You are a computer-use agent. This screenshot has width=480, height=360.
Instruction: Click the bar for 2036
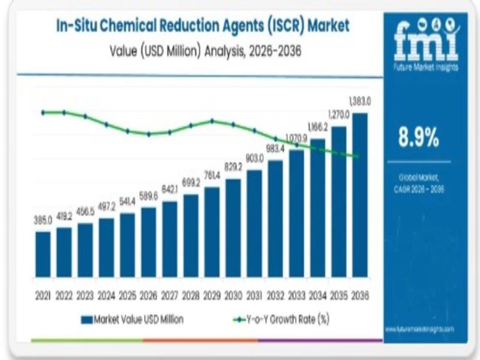pyautogui.click(x=360, y=195)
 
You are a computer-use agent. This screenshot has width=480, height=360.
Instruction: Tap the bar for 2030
pyautogui.click(x=233, y=228)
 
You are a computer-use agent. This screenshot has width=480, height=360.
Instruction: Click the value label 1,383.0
pyautogui.click(x=360, y=103)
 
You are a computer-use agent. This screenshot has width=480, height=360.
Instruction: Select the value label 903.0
pyautogui.click(x=254, y=160)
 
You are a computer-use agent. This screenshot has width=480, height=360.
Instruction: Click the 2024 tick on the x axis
pyautogui.click(x=107, y=296)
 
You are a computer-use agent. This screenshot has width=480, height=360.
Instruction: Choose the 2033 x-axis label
pyautogui.click(x=296, y=296)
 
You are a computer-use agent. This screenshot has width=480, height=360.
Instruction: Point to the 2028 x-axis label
pyautogui.click(x=191, y=296)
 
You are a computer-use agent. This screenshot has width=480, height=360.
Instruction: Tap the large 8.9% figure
pyautogui.click(x=419, y=139)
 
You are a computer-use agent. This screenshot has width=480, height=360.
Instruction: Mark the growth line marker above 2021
pyautogui.click(x=43, y=112)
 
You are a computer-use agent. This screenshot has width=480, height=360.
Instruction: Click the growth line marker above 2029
pyautogui.click(x=212, y=121)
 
